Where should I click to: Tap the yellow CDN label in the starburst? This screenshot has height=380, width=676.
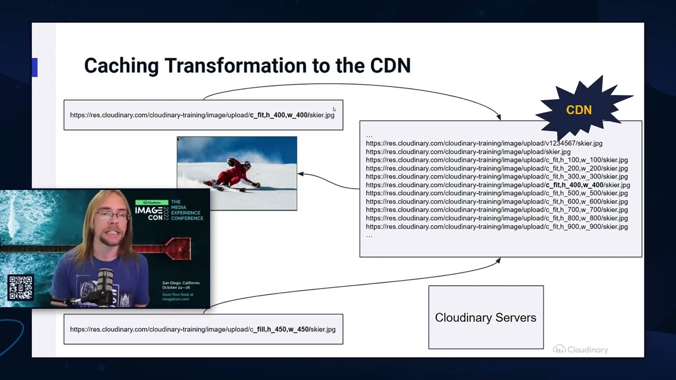(x=579, y=110)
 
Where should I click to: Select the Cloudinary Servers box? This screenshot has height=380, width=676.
(x=485, y=317)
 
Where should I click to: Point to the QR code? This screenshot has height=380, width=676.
(x=21, y=288)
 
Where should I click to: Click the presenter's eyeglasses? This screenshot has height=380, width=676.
(x=112, y=216)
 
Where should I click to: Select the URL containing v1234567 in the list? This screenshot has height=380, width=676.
(x=484, y=143)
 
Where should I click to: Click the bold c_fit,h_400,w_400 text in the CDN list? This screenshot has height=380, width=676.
(x=574, y=185)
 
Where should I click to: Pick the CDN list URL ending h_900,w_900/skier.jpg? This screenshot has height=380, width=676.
(x=496, y=226)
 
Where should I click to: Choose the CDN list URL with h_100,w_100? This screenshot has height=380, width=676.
(x=496, y=160)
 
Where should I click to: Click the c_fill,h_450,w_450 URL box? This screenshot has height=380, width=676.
(x=203, y=329)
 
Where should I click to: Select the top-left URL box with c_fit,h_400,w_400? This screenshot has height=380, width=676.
(x=203, y=115)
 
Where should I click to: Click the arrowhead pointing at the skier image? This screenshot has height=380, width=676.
(x=301, y=174)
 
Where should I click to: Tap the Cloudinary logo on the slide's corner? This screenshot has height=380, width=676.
(x=580, y=349)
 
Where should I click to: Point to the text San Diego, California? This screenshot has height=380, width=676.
(x=181, y=283)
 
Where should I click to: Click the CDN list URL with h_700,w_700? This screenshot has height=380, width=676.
(x=496, y=210)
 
